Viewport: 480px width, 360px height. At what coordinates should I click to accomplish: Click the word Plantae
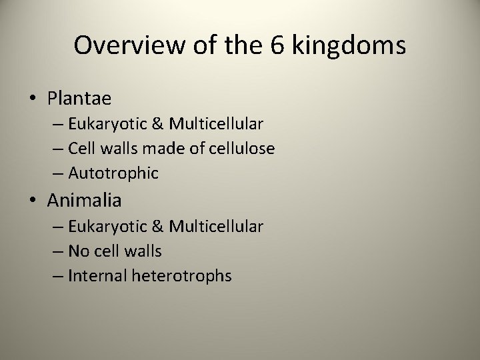click(x=79, y=99)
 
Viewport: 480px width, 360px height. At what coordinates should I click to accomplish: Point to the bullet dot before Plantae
click(x=33, y=99)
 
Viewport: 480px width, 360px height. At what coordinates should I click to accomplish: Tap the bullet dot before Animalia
click(x=33, y=199)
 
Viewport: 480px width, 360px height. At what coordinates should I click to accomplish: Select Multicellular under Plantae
click(x=216, y=124)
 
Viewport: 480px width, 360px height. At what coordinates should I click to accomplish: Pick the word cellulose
click(x=241, y=149)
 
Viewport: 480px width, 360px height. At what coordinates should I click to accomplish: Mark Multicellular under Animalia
click(x=216, y=226)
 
